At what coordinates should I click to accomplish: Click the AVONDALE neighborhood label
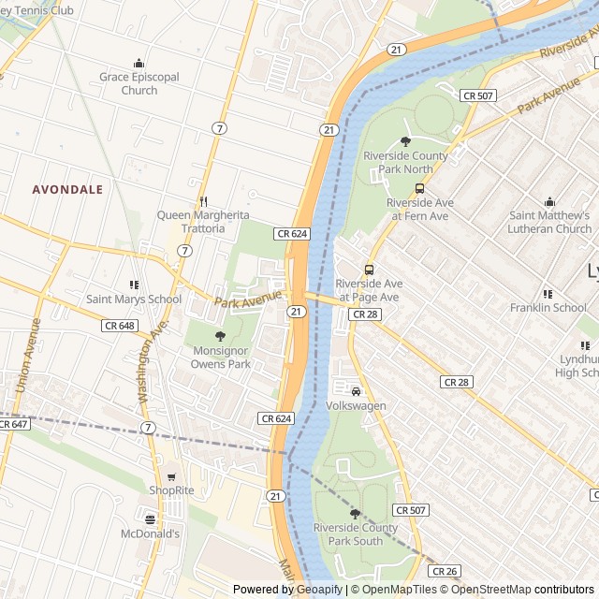pyautogui.click(x=67, y=189)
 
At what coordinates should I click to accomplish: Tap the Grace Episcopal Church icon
pyautogui.click(x=139, y=63)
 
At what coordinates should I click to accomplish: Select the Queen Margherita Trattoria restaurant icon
pyautogui.click(x=203, y=201)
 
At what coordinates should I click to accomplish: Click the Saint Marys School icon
pyautogui.click(x=134, y=285)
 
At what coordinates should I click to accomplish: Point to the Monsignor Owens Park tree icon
pyautogui.click(x=221, y=336)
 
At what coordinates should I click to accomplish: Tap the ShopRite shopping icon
pyautogui.click(x=171, y=476)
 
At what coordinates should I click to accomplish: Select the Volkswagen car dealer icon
pyautogui.click(x=356, y=391)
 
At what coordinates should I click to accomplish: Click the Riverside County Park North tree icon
pyautogui.click(x=405, y=141)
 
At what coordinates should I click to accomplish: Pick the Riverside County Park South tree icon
pyautogui.click(x=355, y=513)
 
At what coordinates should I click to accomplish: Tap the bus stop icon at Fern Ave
pyautogui.click(x=418, y=188)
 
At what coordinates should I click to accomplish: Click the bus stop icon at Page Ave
pyautogui.click(x=369, y=270)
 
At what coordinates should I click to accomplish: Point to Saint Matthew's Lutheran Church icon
pyautogui.click(x=549, y=201)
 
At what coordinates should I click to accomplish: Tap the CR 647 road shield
pyautogui.click(x=12, y=424)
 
